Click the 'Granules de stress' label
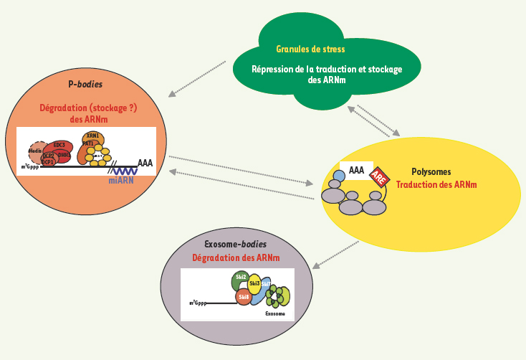pos(310,49)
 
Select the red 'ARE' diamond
pos(378,176)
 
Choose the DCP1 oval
pos(48,162)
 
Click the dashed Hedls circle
pos(36,151)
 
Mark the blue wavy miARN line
pos(125,170)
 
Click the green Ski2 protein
pos(241,278)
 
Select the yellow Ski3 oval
pos(254,285)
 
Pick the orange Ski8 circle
pos(244,295)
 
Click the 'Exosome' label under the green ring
pos(275,314)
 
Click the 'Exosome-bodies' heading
pos(236,245)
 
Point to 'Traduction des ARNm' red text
pos(436,184)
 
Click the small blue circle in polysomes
pos(339,176)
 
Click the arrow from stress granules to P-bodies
pos(197,79)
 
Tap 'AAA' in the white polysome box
pos(356,170)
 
